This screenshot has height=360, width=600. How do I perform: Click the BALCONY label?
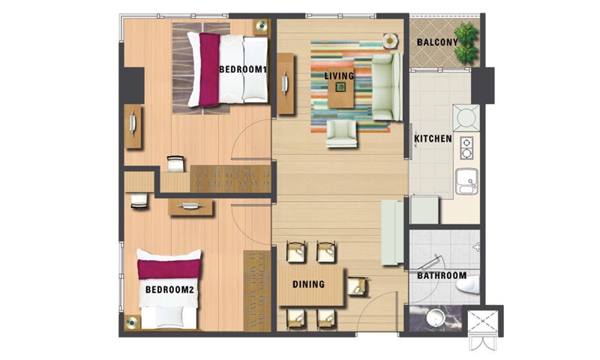click(x=437, y=42)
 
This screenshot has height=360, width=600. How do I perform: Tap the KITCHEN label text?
click(x=433, y=139)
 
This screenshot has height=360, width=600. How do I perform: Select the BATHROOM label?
click(x=442, y=275)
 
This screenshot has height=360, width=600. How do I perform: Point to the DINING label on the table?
click(x=308, y=284)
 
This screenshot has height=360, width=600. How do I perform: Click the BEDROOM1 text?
click(x=242, y=70)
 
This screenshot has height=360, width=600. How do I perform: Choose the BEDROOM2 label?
click(x=169, y=289)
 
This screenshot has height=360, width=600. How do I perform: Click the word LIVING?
click(x=339, y=76)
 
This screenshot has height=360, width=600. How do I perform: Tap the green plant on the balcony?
click(x=466, y=43)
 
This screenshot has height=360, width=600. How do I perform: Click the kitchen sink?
click(x=466, y=181)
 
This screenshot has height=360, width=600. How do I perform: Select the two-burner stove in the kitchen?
click(x=466, y=148)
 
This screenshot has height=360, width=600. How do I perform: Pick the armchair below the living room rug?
click(x=342, y=134)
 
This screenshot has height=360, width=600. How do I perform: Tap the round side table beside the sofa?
click(x=390, y=40)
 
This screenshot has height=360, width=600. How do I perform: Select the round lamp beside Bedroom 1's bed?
click(x=261, y=27)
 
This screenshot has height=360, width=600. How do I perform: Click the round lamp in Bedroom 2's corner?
click(x=132, y=322)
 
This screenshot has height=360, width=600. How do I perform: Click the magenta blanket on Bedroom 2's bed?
click(x=169, y=269)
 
